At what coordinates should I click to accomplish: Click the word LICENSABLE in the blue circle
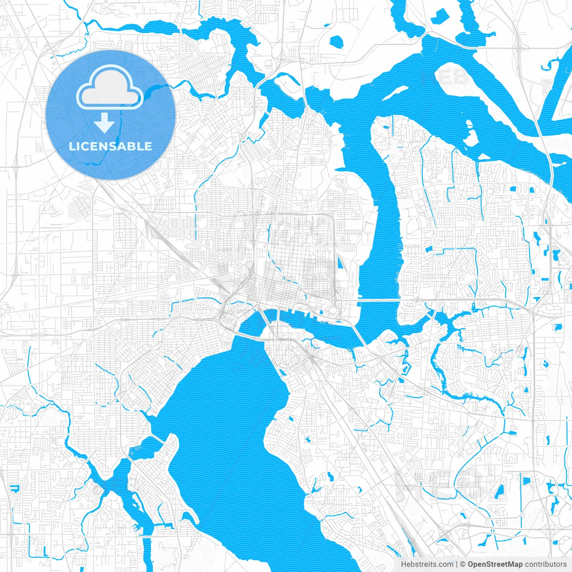pos(110,146)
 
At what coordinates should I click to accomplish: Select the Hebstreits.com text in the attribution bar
pos(427,564)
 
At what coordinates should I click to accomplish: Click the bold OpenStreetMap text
pos(495,564)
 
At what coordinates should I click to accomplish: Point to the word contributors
pos(546,564)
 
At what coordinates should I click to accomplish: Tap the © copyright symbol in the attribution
pos(463,564)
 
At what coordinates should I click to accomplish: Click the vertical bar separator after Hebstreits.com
pos(457,564)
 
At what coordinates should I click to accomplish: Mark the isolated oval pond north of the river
pos(336,42)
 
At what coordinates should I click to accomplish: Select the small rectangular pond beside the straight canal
pos(527,481)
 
